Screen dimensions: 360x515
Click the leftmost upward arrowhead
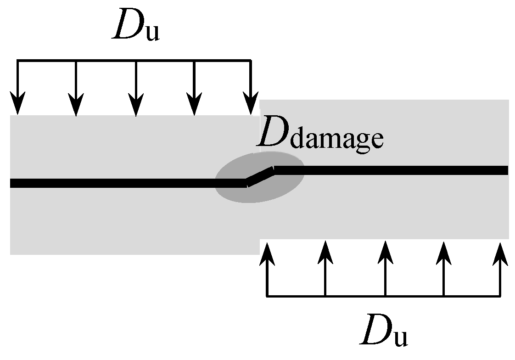[x=267, y=253]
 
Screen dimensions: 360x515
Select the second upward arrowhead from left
[x=325, y=253]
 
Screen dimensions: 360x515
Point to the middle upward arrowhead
[x=385, y=253]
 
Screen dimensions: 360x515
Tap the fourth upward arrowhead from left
[x=443, y=253]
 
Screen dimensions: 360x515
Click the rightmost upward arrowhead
[x=500, y=253]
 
